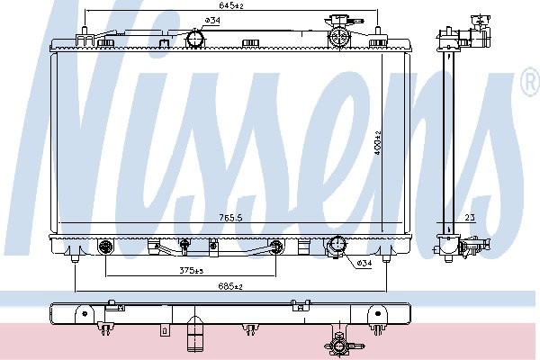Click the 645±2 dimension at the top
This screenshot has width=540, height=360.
pos(231,5)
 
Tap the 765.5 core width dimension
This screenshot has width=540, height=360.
pos(230,218)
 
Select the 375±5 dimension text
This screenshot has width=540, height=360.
pos(191,271)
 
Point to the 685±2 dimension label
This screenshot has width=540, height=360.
pos(230,286)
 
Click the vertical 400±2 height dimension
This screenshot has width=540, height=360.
pos(378,142)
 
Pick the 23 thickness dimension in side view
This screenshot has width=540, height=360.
pos(470,218)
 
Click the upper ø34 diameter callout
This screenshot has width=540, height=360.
pos(212,21)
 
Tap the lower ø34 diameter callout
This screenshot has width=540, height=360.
pos(364,263)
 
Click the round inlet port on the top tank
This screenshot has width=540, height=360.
pos(195,39)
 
